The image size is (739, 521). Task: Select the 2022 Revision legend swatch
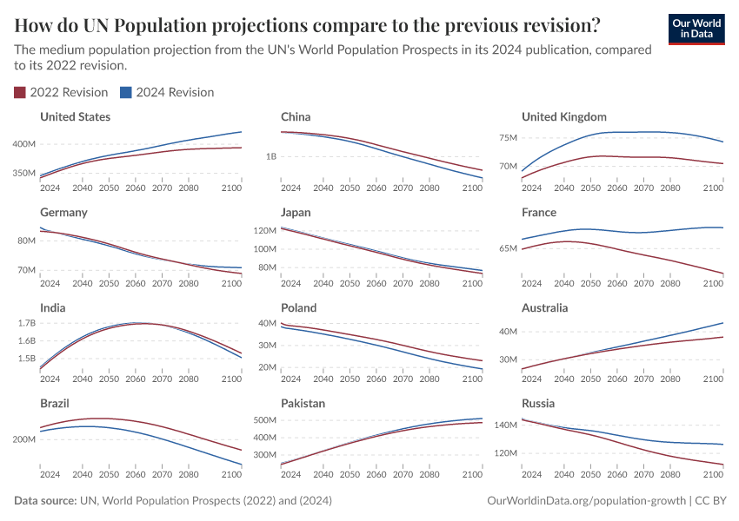[x=20, y=92]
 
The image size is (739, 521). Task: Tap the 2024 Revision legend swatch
[x=125, y=92]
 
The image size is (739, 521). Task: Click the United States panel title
[x=75, y=116]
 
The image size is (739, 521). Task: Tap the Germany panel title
[x=63, y=212]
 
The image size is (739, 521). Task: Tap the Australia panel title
[x=544, y=307]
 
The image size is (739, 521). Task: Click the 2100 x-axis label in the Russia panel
[x=713, y=474]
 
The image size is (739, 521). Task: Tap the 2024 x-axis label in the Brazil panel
[x=50, y=474]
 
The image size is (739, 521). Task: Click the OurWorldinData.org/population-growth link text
[x=583, y=501]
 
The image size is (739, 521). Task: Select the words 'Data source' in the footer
[x=44, y=501]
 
